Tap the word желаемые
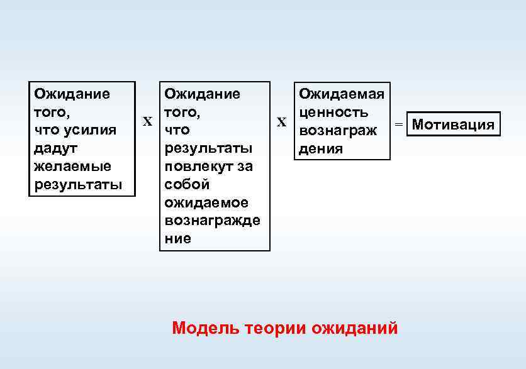pyautogui.click(x=64, y=167)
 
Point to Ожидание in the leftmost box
pyautogui.click(x=72, y=94)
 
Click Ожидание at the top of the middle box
pyautogui.click(x=202, y=94)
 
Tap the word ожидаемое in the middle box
pyautogui.click(x=206, y=203)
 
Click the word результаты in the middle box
pyautogui.click(x=208, y=148)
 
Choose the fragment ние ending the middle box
pyautogui.click(x=177, y=239)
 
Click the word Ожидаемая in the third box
pyautogui.click(x=342, y=94)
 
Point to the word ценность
pyautogui.click(x=333, y=113)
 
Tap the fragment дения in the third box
pyautogui.click(x=321, y=149)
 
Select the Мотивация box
pyautogui.click(x=453, y=124)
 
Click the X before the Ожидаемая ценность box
pyautogui.click(x=281, y=121)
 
